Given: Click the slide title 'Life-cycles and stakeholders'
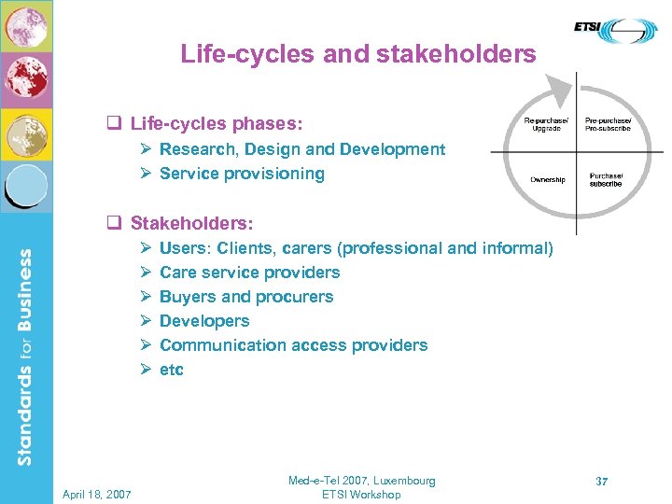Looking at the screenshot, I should click(x=358, y=54).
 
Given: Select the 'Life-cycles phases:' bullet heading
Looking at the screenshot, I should click(x=216, y=123).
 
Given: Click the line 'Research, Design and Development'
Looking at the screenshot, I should click(x=301, y=149).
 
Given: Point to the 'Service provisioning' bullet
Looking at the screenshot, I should click(x=242, y=174).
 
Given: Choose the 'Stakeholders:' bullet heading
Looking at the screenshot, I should click(x=191, y=224).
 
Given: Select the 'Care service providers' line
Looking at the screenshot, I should click(x=249, y=273).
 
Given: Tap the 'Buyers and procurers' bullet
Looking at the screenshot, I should click(x=245, y=297).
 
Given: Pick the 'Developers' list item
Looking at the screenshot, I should click(x=204, y=321).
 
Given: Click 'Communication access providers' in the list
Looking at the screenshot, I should click(x=293, y=345).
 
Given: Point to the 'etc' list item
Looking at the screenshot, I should click(x=172, y=370).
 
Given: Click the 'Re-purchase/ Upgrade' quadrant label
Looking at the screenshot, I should click(x=544, y=124).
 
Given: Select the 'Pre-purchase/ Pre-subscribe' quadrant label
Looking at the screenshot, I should click(x=608, y=124).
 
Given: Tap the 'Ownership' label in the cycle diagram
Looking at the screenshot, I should click(x=548, y=179).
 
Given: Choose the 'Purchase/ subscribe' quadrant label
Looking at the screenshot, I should click(x=606, y=179).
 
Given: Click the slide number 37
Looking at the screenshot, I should click(x=602, y=482).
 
